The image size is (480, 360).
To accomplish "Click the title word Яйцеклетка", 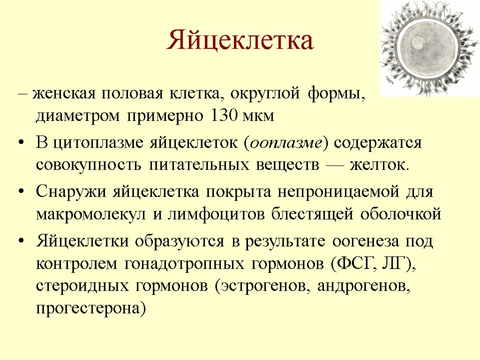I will pyautogui.click(x=240, y=41).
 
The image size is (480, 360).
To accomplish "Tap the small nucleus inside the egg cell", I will pyautogui.click(x=417, y=44).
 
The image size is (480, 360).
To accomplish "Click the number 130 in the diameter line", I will pyautogui.click(x=221, y=116).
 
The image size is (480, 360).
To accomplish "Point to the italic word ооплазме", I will pyautogui.click(x=286, y=142).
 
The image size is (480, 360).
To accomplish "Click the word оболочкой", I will pyautogui.click(x=401, y=214).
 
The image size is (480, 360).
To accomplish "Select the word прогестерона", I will pyautogui.click(x=88, y=308).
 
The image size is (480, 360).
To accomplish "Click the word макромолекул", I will pyautogui.click(x=91, y=214).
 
